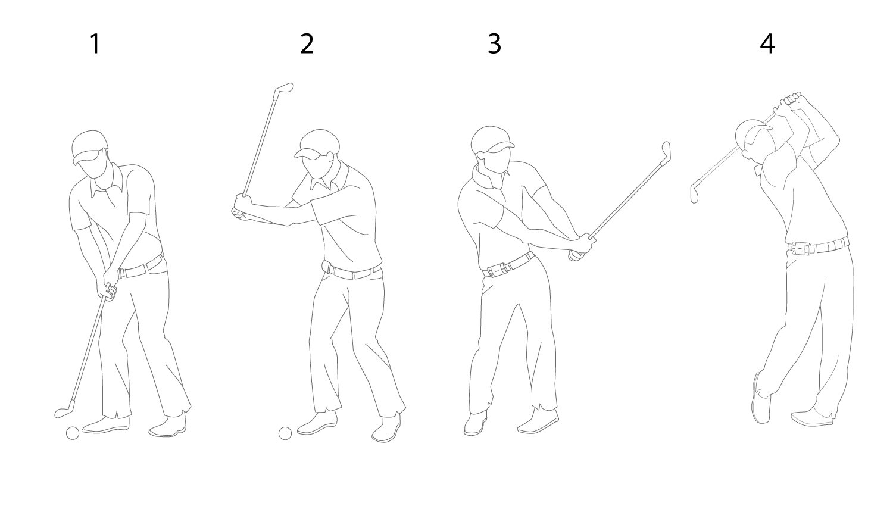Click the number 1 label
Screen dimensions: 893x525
pos(95,44)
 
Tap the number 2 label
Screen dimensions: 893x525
pos(307,44)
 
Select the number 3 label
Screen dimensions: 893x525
pos(494,44)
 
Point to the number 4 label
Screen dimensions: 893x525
pos(767,44)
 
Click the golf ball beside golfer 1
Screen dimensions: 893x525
pos(73,433)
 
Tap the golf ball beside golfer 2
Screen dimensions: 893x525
pos(285,433)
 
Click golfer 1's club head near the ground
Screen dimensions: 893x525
pos(64,411)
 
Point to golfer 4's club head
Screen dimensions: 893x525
pos(695,192)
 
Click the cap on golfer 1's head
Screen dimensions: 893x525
pos(90,146)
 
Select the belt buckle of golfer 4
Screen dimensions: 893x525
pos(802,248)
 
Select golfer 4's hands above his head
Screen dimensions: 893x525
pos(788,102)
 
